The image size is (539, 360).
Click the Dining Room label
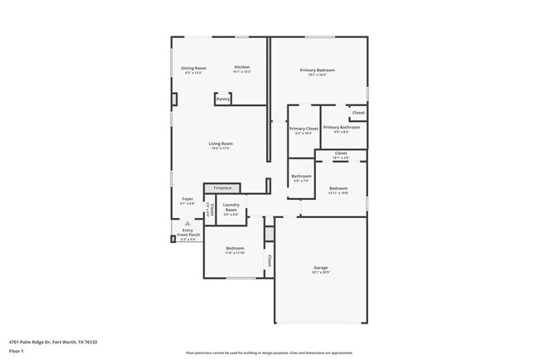coord(195,68)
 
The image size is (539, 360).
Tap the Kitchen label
coord(241,67)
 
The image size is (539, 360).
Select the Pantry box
coord(222,100)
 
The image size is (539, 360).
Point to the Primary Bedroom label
coord(318,71)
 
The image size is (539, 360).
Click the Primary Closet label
coord(303,129)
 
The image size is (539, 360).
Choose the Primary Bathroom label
coord(341,128)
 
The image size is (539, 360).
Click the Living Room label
coord(221,144)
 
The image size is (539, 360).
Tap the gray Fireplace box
coord(222,188)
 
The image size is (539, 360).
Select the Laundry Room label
coord(231,207)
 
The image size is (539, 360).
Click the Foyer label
coord(187,199)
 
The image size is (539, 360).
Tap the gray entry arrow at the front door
coord(187,223)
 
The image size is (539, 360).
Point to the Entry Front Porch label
coord(187,233)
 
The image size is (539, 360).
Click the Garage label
coord(320,267)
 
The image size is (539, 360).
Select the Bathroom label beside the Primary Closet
coord(301,176)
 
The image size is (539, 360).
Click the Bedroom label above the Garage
coord(338,188)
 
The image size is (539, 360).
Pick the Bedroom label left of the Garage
coord(235,249)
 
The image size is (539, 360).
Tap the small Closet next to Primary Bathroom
coord(358,113)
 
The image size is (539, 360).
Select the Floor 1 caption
coord(17,351)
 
